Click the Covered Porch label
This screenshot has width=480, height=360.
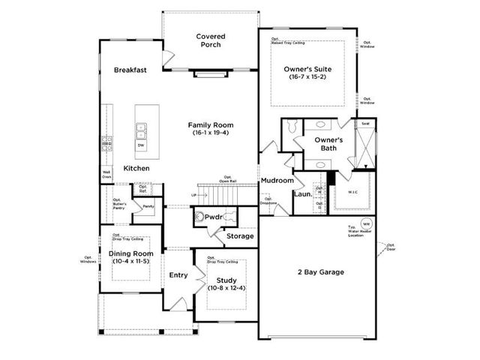(210, 40)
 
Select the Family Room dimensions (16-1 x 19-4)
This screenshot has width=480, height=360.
(211, 133)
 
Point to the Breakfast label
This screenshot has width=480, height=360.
(130, 70)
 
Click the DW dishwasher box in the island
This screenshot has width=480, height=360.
(141, 145)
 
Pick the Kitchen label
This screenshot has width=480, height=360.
(136, 168)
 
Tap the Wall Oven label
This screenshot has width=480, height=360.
(106, 175)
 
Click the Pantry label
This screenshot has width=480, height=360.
(148, 206)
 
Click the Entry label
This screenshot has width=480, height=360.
(178, 275)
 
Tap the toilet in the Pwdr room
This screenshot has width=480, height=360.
(199, 217)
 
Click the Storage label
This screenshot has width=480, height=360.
(241, 236)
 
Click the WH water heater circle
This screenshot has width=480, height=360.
(367, 224)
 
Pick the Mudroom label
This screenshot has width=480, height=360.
(277, 181)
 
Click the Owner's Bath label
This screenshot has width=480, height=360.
(328, 144)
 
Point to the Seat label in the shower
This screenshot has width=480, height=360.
(365, 124)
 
